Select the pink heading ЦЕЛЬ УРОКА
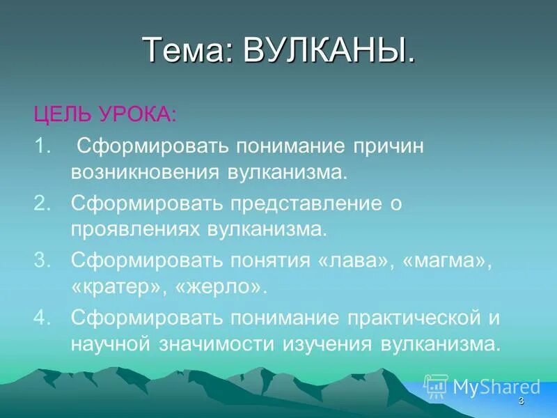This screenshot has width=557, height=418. [x=105, y=114]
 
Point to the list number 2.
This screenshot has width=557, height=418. [x=42, y=203]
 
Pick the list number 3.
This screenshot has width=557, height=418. [x=42, y=261]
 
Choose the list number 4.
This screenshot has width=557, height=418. [x=42, y=318]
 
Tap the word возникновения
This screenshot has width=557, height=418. [x=144, y=171]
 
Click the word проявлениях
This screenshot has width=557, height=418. [x=134, y=229]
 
